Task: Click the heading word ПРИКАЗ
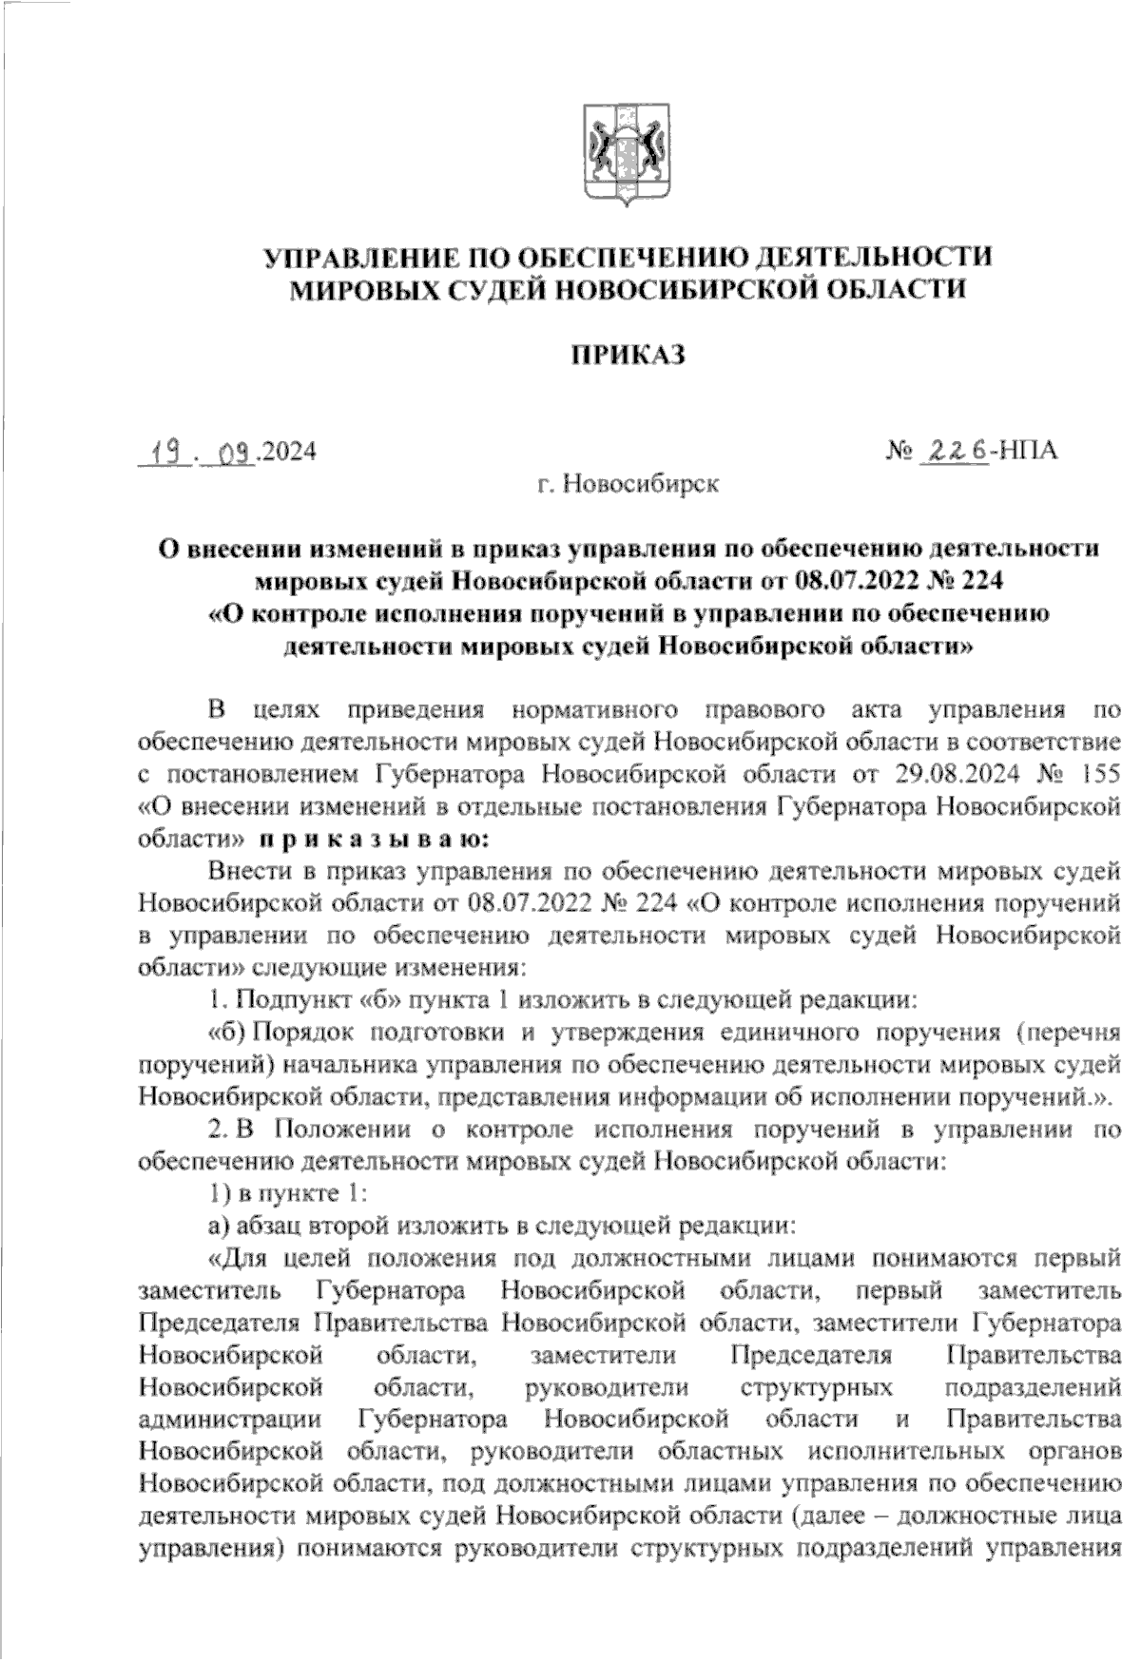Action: (x=627, y=355)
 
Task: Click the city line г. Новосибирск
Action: (x=627, y=484)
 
